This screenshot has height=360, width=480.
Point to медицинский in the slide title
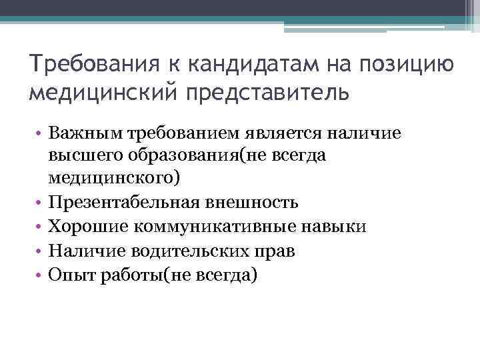(104, 93)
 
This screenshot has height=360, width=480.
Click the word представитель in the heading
(269, 93)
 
